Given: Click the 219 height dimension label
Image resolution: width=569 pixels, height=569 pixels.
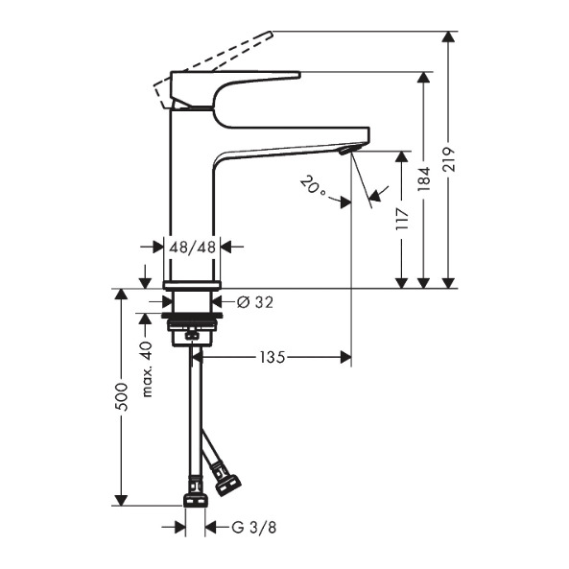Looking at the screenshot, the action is click(450, 159).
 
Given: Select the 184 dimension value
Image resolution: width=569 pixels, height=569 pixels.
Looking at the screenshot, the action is click(424, 178).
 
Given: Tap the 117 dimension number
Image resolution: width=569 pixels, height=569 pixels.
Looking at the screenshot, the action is click(402, 219).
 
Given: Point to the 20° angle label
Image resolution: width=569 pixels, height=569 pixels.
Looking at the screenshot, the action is click(313, 185).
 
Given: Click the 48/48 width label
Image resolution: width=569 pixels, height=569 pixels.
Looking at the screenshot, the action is click(193, 248).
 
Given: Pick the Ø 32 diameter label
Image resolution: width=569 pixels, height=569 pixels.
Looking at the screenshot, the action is click(254, 302).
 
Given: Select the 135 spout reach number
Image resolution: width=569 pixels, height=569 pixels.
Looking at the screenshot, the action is click(273, 358).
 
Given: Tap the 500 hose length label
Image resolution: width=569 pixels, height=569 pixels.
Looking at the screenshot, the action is click(122, 396).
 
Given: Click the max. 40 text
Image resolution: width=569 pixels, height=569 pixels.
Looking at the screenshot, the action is click(147, 369).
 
